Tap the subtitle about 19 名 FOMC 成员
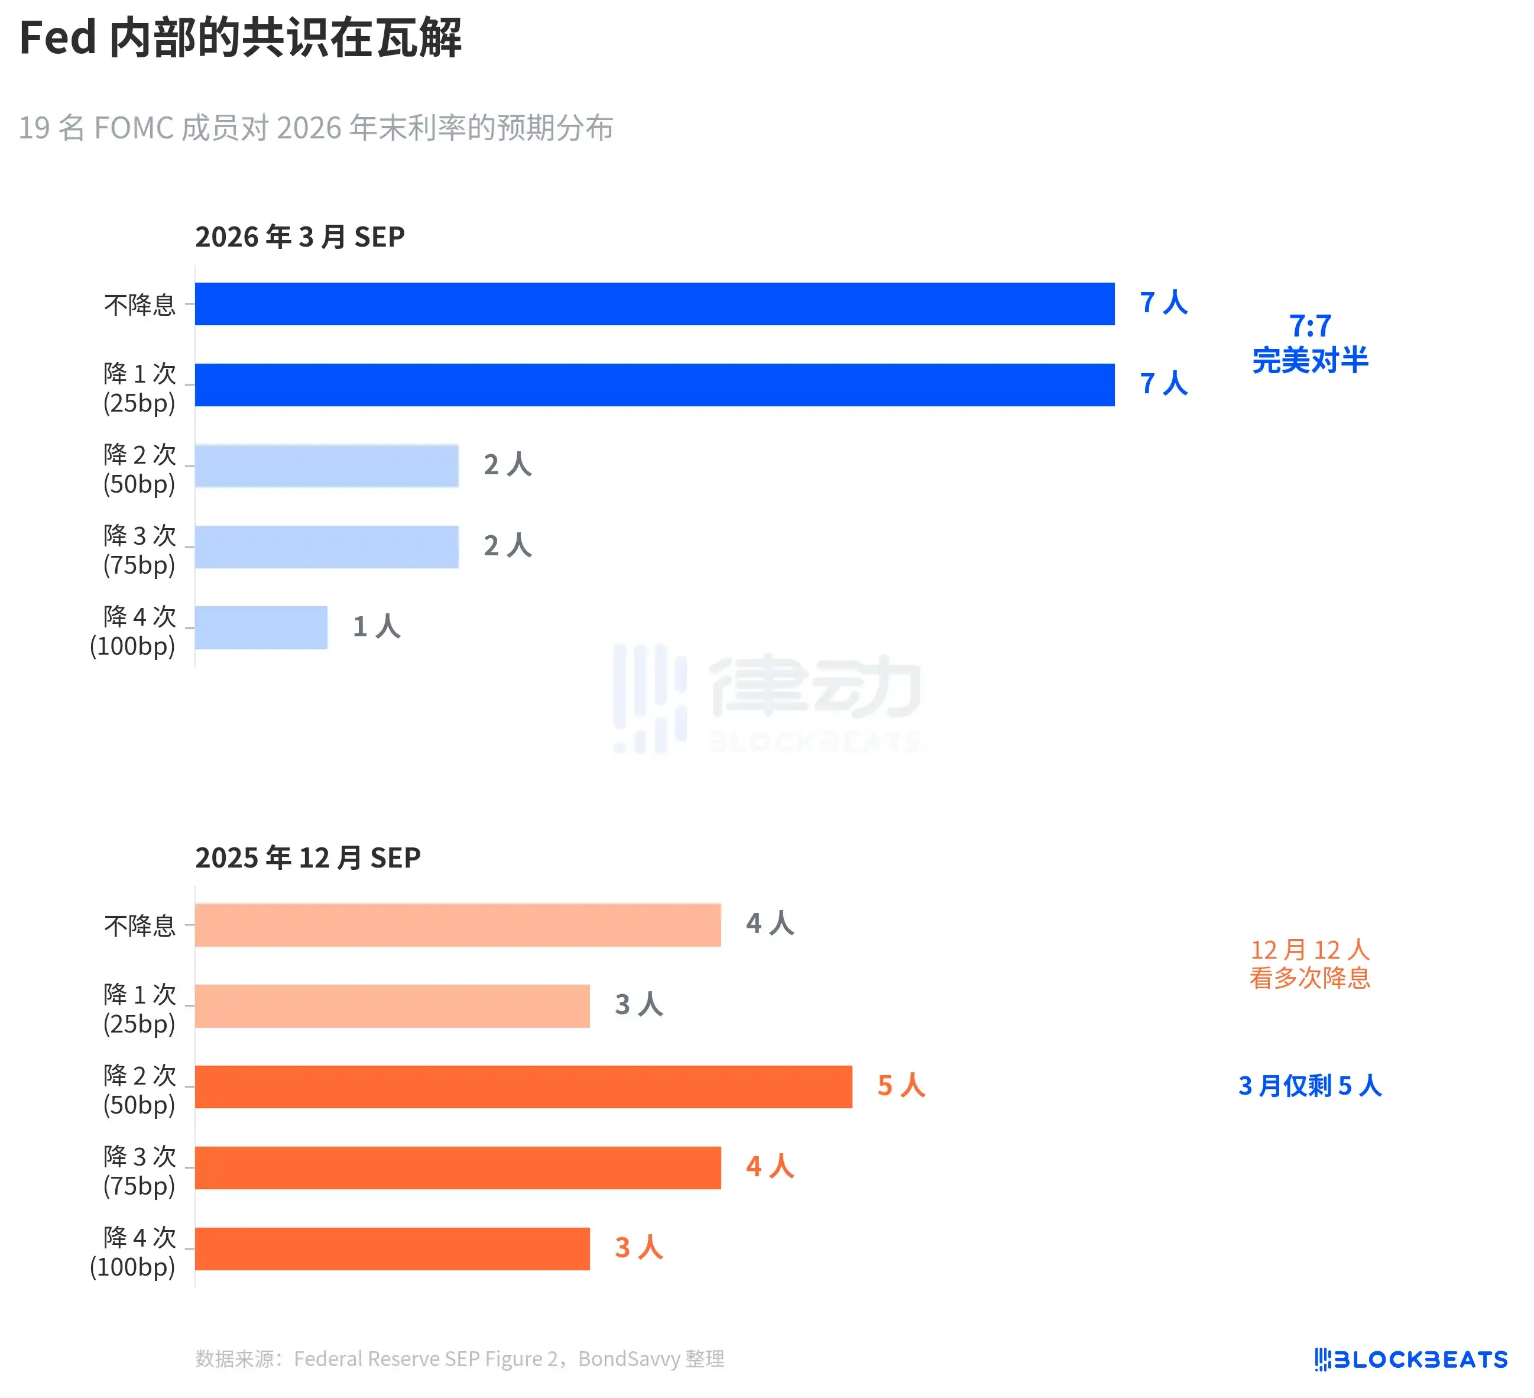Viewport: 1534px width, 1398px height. (316, 128)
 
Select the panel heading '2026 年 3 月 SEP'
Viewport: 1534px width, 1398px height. (300, 237)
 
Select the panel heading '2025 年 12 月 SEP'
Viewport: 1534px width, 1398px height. (307, 857)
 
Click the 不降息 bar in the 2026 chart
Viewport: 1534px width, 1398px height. (654, 303)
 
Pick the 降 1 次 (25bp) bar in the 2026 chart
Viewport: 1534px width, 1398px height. (654, 385)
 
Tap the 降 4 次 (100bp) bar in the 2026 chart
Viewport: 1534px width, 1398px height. (261, 628)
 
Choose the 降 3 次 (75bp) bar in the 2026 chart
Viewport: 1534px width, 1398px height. (326, 546)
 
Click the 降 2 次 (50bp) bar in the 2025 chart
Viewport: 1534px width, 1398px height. (524, 1087)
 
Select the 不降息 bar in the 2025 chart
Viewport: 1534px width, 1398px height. (458, 925)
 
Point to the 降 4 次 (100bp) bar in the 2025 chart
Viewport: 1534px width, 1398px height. (392, 1249)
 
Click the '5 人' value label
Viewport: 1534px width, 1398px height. (901, 1086)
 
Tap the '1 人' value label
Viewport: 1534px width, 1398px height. (376, 627)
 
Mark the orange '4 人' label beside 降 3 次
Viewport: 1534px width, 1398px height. (769, 1167)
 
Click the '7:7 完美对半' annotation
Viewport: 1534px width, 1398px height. (1309, 343)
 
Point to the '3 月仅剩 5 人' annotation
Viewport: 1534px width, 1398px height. (1309, 1086)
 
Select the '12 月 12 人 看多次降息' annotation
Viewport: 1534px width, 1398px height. (1309, 963)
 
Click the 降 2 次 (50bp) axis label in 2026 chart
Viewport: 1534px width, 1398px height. (140, 469)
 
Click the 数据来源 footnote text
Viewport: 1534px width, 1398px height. (459, 1359)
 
